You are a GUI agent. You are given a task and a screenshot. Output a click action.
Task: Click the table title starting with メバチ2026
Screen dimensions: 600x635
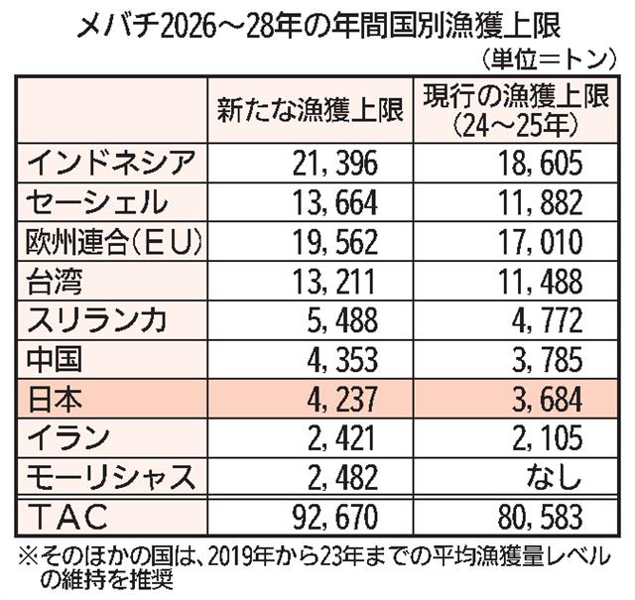[x=317, y=22]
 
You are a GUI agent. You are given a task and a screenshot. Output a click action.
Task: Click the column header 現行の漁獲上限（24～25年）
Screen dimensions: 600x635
[x=509, y=110]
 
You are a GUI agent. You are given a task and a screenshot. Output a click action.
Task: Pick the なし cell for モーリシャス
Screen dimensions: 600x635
[x=556, y=478]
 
